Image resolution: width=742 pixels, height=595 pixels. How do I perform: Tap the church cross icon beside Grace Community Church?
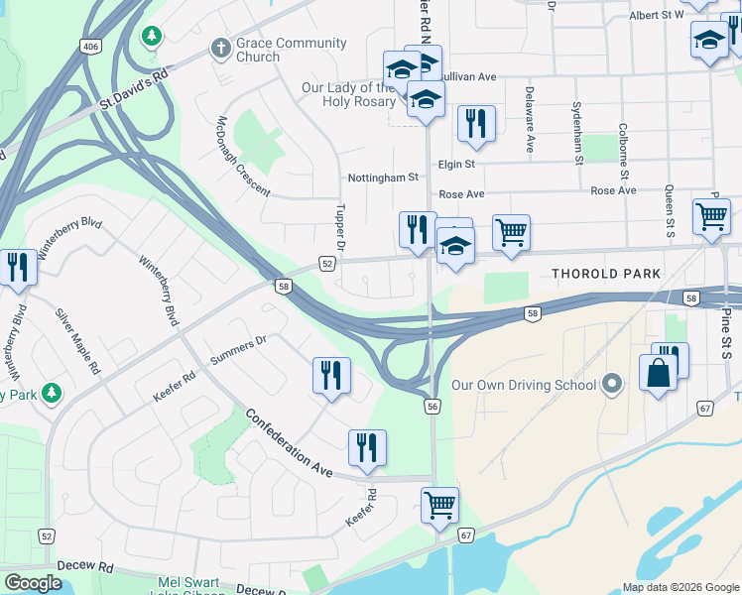(219, 48)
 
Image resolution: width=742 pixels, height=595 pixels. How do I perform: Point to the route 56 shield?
(433, 406)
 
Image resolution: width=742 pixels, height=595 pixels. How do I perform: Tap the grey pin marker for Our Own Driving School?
(612, 385)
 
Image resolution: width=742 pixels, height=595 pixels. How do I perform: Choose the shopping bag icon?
(658, 373)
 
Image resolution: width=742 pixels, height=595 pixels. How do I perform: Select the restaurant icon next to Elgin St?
(476, 123)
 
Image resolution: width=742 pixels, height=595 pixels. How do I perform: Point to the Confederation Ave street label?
(289, 443)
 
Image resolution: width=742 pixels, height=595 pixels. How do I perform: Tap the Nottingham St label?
(383, 178)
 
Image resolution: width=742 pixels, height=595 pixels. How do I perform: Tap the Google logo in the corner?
(34, 583)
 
